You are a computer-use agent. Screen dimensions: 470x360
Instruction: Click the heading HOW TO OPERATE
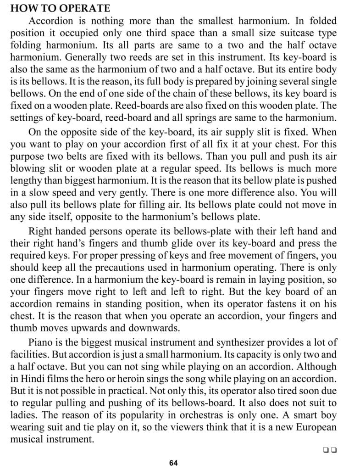[60, 8]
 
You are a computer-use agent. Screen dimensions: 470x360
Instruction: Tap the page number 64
[173, 463]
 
